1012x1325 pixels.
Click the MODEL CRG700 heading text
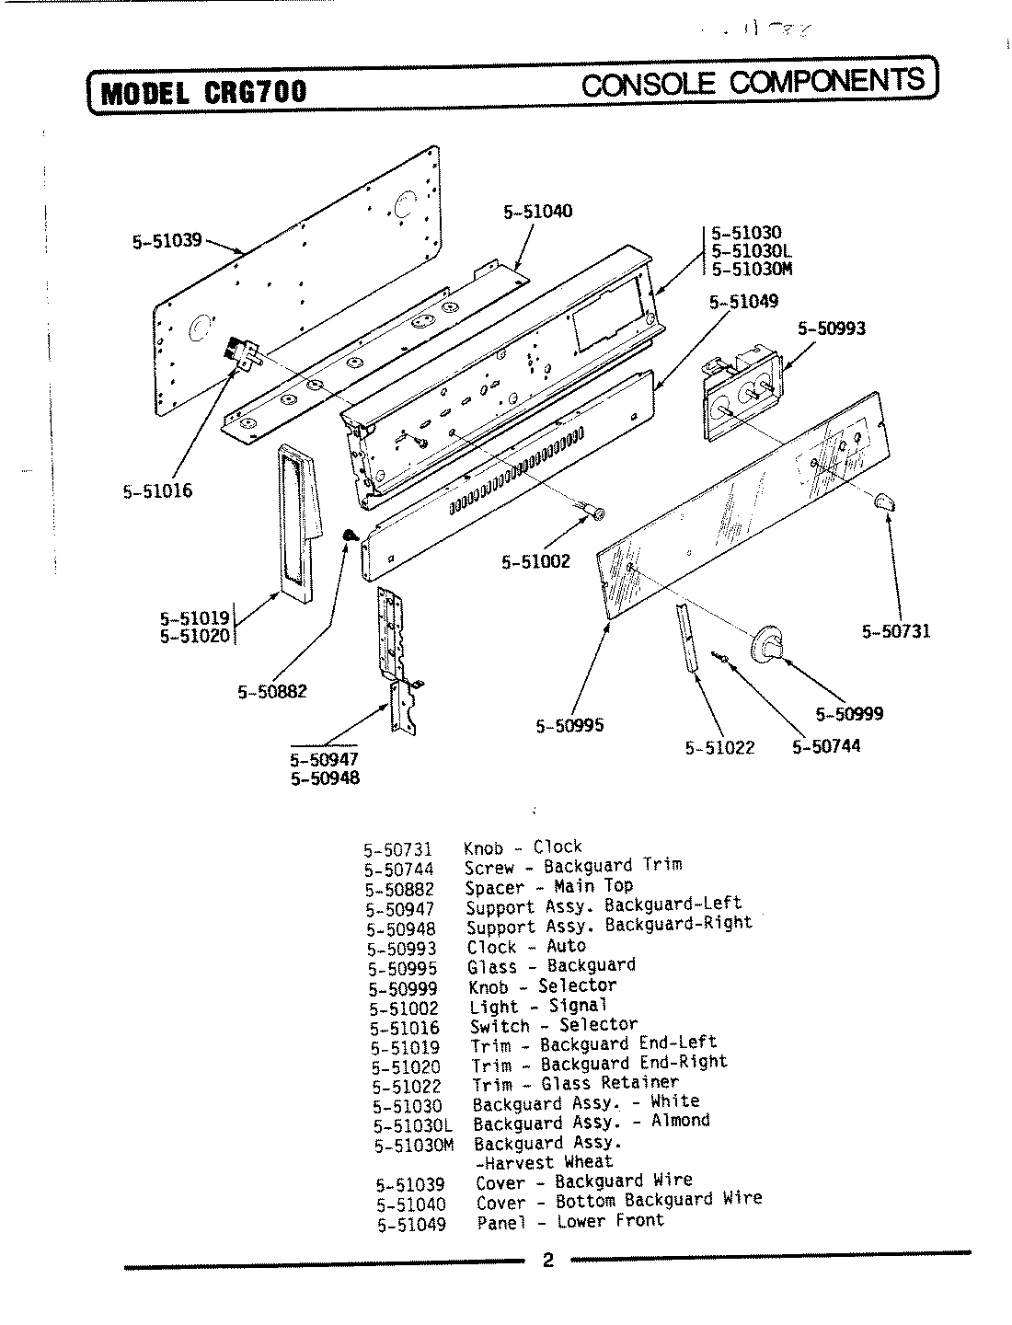[x=202, y=92]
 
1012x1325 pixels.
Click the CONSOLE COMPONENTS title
[x=753, y=82]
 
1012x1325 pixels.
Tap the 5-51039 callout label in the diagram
[x=167, y=242]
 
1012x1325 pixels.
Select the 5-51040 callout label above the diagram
[x=537, y=211]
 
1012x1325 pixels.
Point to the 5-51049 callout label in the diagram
[x=743, y=301]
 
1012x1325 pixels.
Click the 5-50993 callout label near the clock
[x=831, y=328]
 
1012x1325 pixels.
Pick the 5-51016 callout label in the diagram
[x=157, y=490]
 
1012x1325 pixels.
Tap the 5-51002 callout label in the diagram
[x=535, y=560]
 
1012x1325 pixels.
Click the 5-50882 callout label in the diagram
[x=271, y=691]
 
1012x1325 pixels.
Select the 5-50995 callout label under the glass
[x=569, y=725]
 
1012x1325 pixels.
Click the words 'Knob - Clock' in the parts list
[x=523, y=847]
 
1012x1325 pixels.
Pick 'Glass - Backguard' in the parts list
[x=550, y=965]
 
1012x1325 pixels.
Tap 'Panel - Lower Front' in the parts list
[x=569, y=1222]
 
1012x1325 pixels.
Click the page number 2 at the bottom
[x=547, y=1260]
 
